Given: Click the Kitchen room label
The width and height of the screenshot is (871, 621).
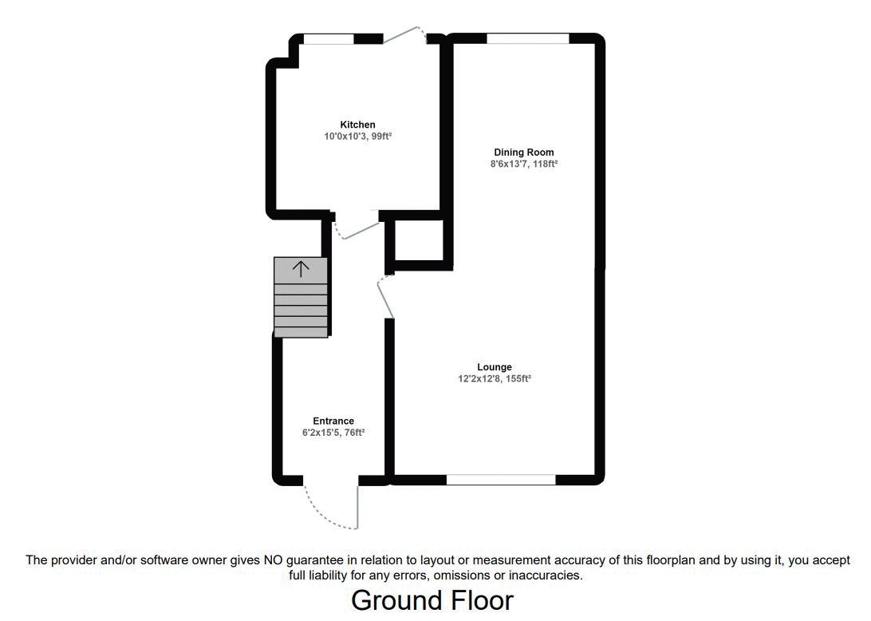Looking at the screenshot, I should [x=357, y=125].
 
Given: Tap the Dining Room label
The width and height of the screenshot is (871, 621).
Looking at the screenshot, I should [x=523, y=152].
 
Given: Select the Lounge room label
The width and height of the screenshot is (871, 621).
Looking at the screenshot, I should [x=495, y=367].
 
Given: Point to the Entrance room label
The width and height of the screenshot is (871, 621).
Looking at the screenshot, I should [x=333, y=421].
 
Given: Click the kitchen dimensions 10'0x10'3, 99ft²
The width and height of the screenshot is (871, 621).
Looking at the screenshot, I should [x=357, y=136].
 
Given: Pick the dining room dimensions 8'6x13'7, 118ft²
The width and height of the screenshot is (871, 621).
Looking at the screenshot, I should [x=523, y=164].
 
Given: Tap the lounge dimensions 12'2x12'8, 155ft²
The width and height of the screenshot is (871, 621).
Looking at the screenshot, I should [x=495, y=379].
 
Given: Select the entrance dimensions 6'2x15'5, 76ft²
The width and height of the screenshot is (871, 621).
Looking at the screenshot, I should [x=333, y=433].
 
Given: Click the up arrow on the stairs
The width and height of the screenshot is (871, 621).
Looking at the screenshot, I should [x=300, y=269].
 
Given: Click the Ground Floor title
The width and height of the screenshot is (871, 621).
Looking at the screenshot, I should [x=432, y=600].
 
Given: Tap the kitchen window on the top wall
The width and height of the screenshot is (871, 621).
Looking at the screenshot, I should [x=329, y=39].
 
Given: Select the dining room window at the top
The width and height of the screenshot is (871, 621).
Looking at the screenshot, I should [x=527, y=38].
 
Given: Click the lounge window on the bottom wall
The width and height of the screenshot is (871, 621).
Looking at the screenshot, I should [x=500, y=480].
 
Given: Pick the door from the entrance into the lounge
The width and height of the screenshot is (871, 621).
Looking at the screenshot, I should [x=385, y=297].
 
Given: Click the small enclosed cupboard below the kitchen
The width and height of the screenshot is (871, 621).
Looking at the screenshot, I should [x=419, y=240].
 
